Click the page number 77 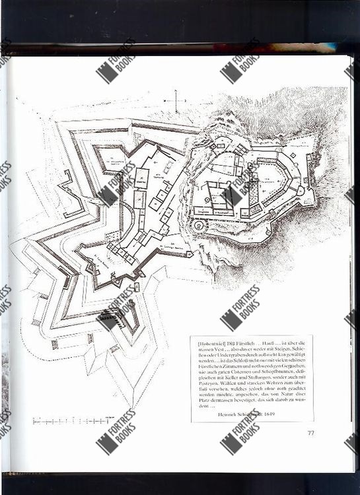point(310,432)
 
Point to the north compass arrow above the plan point(176,98)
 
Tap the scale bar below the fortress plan point(73,419)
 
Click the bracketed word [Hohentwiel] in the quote point(211,343)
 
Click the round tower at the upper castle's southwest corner point(198,226)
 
